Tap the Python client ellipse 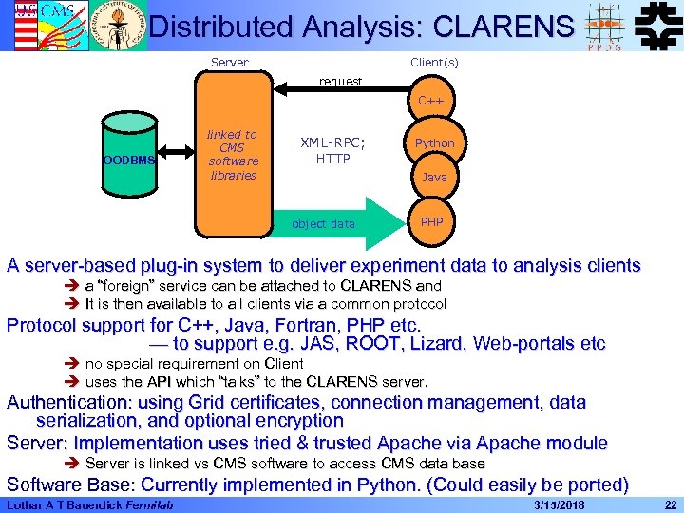point(434,143)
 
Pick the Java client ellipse point(434,178)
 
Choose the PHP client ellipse point(432,221)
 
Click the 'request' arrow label point(340,82)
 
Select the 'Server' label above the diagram point(229,63)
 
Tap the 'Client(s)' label point(434,63)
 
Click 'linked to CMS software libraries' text point(233,155)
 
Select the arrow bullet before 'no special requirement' point(73,364)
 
